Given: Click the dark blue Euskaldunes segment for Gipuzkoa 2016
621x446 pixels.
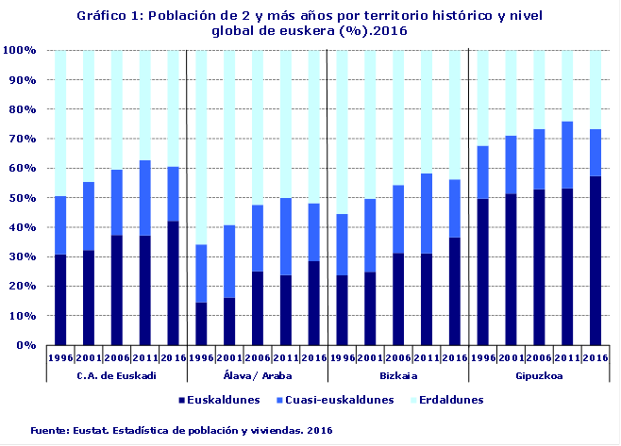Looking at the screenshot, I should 596,260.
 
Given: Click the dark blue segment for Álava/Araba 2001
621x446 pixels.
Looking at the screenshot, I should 228,321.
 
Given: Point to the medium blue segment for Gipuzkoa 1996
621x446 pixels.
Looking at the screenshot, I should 482,172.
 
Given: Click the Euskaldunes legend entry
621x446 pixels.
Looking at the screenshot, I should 219,400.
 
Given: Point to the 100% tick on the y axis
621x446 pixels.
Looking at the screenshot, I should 20,50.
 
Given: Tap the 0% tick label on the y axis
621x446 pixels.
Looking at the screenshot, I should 26,345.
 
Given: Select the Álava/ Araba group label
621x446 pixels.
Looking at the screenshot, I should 256,375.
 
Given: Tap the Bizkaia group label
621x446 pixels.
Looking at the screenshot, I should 397,375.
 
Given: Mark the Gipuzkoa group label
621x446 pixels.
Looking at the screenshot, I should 539,375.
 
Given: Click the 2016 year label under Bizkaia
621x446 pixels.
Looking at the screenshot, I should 454,357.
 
